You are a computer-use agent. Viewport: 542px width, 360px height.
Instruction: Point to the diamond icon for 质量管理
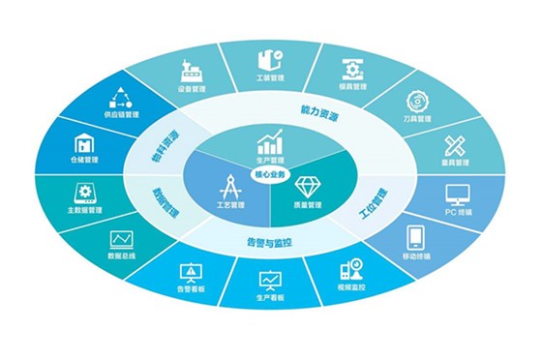coord(308,185)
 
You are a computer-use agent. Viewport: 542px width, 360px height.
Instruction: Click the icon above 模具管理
coord(352,68)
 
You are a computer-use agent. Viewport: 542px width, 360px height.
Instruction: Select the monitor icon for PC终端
coord(459,195)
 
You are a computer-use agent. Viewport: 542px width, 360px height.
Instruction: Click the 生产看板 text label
coord(271,299)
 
